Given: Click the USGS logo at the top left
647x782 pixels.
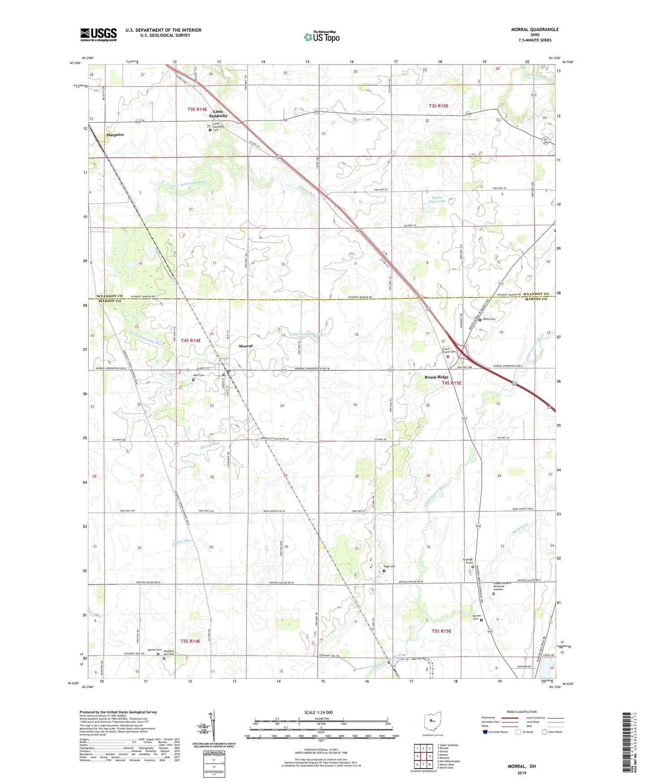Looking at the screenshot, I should pyautogui.click(x=99, y=34).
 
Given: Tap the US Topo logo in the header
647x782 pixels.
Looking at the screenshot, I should pyautogui.click(x=321, y=37).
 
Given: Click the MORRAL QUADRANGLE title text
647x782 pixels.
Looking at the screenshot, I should pyautogui.click(x=535, y=30).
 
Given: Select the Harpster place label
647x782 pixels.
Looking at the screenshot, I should pyautogui.click(x=115, y=134).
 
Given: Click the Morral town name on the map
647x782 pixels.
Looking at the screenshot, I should pyautogui.click(x=246, y=346).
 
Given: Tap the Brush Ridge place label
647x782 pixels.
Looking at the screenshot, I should pyautogui.click(x=436, y=377).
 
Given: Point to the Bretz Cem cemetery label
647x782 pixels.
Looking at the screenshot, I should pyautogui.click(x=489, y=319).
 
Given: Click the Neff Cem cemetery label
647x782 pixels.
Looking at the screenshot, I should pyautogui.click(x=198, y=375).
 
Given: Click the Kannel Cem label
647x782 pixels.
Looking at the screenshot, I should pyautogui.click(x=154, y=650).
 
